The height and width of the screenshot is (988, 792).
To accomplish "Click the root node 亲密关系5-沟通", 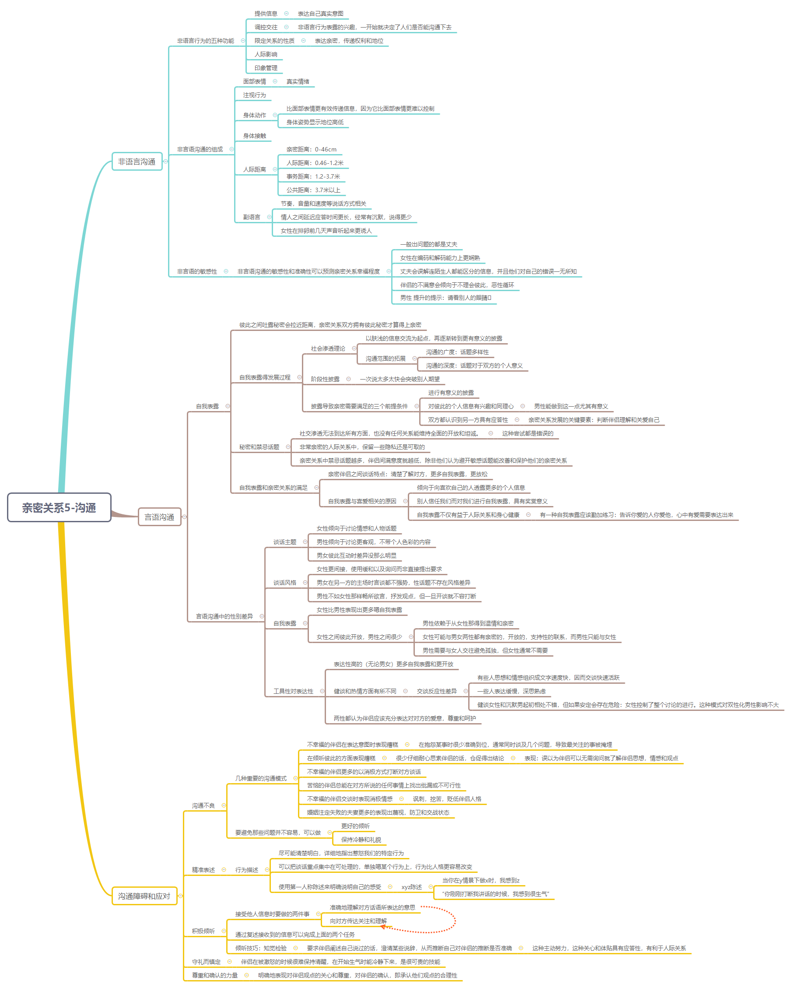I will click(59, 507).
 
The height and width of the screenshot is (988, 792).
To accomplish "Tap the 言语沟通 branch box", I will click(159, 517).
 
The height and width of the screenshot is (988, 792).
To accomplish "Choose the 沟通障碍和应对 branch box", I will click(144, 896).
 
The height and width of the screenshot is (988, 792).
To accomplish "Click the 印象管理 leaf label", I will click(266, 68).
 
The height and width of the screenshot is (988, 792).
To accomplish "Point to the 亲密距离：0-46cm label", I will click(311, 149).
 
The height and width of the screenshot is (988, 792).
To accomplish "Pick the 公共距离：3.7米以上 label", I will click(313, 190).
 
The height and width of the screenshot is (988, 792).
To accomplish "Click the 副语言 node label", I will click(252, 217).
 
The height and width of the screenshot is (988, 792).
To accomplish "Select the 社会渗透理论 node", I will click(328, 349).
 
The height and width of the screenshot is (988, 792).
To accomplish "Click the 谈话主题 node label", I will click(284, 542).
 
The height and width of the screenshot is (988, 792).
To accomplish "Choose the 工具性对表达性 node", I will click(293, 691).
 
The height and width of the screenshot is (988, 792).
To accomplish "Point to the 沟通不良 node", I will click(203, 805).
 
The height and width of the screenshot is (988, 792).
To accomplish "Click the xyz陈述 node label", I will click(411, 887).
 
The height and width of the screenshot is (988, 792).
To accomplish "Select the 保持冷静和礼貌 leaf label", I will click(361, 840).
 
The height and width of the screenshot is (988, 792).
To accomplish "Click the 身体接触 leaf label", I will click(254, 136).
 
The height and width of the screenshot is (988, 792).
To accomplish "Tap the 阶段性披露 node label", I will click(325, 379).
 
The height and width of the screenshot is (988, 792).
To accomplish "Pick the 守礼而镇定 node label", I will click(206, 962).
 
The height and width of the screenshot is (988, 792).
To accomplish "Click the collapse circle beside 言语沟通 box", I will click(185, 517).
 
